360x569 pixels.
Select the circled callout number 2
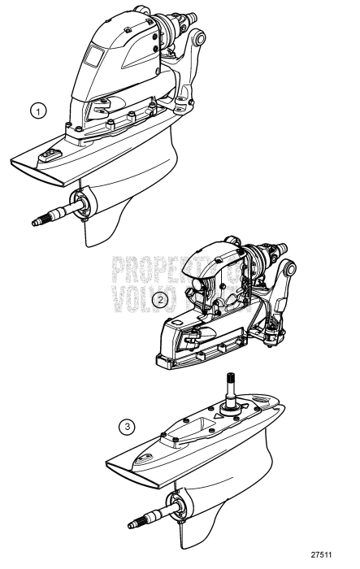click(x=163, y=299)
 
